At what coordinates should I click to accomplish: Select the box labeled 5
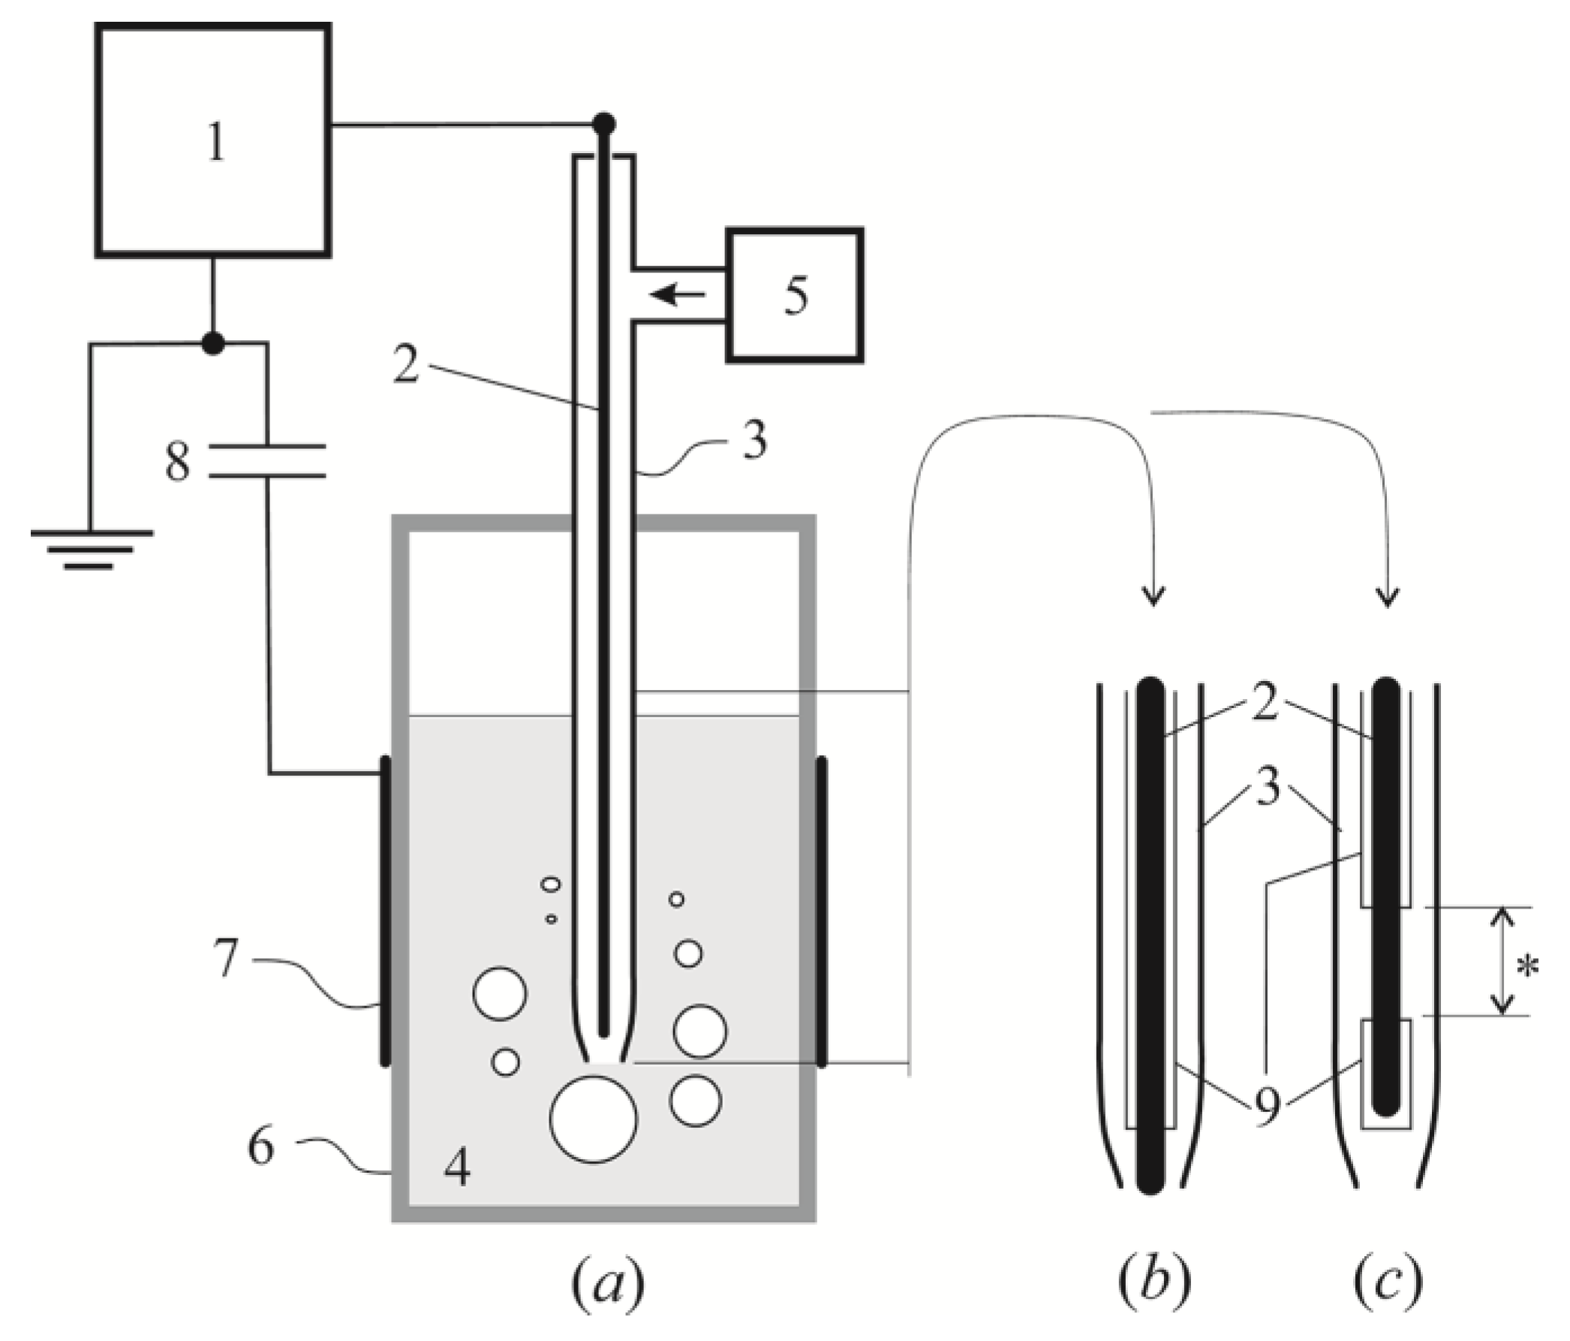click(x=794, y=295)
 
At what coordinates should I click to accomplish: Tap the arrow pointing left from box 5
click(x=677, y=294)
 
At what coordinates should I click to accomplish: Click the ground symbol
click(x=91, y=549)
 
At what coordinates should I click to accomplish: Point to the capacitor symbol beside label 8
click(x=266, y=462)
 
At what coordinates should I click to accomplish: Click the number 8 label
click(x=178, y=463)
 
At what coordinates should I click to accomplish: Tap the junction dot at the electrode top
click(x=604, y=123)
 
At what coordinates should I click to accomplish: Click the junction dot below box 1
click(x=214, y=343)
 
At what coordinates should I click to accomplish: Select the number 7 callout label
click(x=227, y=958)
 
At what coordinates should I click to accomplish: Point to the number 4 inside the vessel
click(x=458, y=1168)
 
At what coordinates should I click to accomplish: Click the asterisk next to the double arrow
click(x=1527, y=969)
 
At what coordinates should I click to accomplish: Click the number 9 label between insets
click(x=1267, y=1108)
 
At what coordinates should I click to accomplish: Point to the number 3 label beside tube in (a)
click(x=754, y=440)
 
